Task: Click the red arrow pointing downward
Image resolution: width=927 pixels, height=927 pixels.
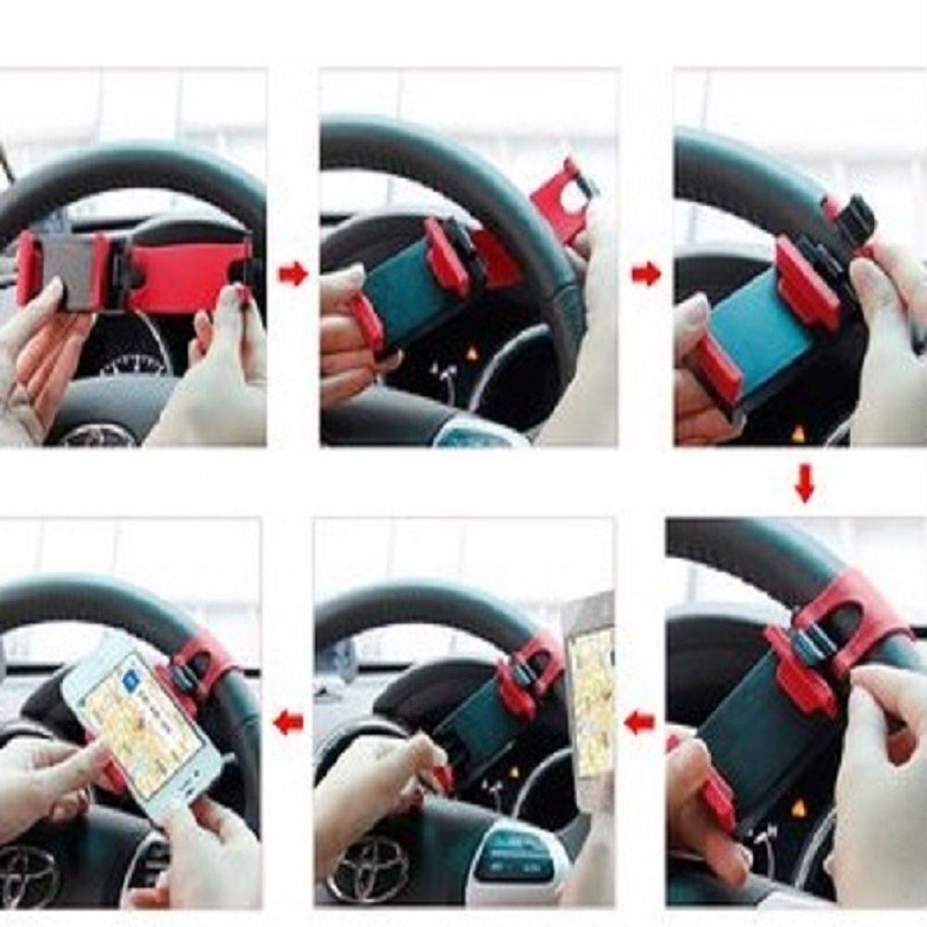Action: [804, 483]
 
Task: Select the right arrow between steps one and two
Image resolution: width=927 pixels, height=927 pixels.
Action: [293, 273]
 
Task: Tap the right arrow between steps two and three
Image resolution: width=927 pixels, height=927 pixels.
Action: [646, 273]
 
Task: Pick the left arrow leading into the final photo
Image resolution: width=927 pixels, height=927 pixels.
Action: [288, 722]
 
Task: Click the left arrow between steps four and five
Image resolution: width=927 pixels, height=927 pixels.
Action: [639, 722]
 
